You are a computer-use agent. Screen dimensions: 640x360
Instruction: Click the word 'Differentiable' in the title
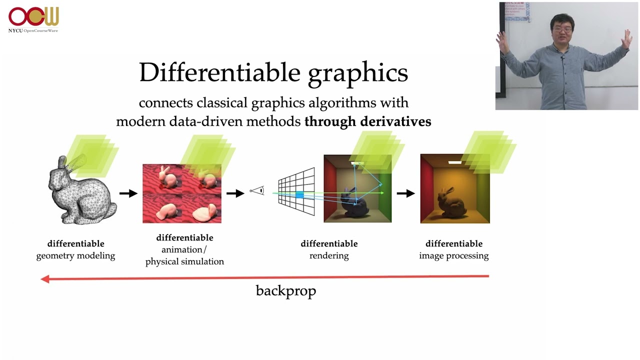tap(219, 72)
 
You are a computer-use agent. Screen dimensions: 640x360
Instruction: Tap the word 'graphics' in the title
tap(358, 75)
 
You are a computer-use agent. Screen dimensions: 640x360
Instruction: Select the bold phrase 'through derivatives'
tap(367, 121)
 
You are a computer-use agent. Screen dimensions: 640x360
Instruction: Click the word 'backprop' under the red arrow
tap(286, 291)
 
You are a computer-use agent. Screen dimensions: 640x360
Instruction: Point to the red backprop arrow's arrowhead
tap(45, 279)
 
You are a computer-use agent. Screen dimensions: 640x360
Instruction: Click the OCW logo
tap(33, 16)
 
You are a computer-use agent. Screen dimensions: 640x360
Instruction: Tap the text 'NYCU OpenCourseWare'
tap(33, 30)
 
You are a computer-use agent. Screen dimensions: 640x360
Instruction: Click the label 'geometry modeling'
tap(75, 255)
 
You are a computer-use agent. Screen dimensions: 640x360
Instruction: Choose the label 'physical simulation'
tap(184, 261)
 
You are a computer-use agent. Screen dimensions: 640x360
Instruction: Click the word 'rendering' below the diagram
tap(329, 255)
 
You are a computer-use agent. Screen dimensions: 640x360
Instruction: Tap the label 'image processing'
tap(454, 255)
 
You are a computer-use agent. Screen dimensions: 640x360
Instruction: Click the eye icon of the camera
tap(257, 190)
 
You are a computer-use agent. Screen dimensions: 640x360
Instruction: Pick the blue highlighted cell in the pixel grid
tap(299, 195)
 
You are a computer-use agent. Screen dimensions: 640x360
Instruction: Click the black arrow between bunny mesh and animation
tap(128, 193)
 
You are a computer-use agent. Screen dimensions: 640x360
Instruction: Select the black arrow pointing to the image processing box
tap(405, 193)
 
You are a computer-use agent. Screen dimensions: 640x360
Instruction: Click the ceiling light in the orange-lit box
tap(455, 162)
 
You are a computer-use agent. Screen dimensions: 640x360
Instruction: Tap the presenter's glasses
tap(562, 29)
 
